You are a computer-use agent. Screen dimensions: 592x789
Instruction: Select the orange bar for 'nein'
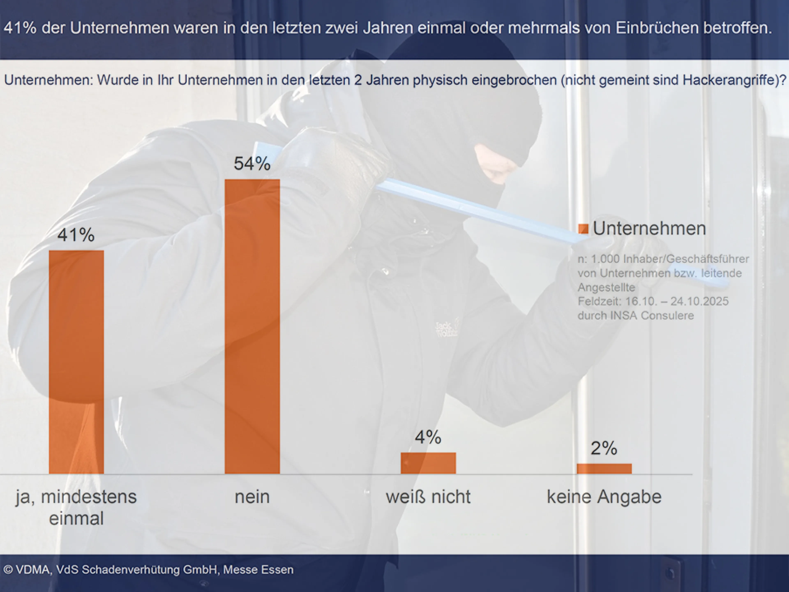[252, 326]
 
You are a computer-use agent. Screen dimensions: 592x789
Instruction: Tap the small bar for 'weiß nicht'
[428, 463]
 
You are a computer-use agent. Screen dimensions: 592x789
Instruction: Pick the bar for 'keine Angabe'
[604, 468]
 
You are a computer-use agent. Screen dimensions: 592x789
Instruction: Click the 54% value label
[252, 164]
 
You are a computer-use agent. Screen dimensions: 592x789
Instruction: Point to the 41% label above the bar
[76, 235]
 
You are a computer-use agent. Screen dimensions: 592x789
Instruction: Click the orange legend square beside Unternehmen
[583, 229]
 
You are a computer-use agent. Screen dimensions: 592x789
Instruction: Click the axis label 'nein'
[252, 497]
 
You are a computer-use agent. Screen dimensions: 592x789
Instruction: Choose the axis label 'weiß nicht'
[428, 497]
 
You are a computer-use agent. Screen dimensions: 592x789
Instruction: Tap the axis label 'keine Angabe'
[604, 497]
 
